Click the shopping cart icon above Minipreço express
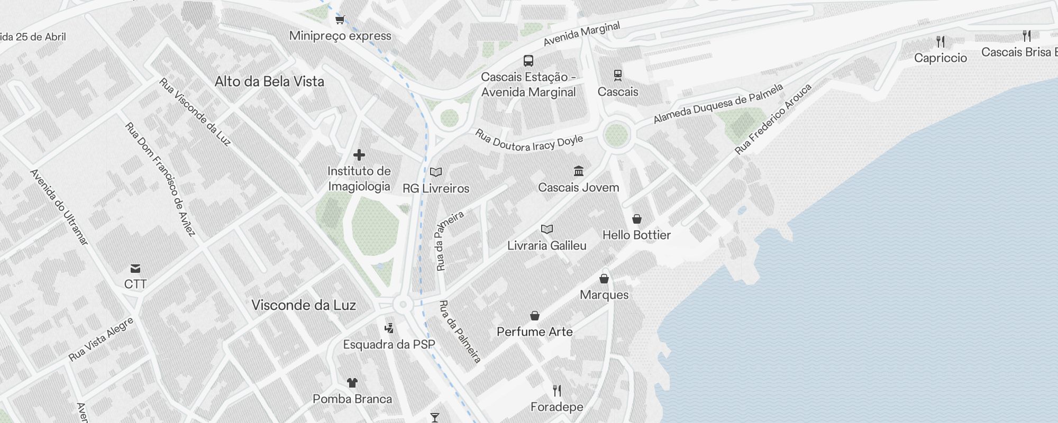[340, 20]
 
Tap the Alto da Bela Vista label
[269, 81]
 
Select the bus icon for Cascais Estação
[528, 61]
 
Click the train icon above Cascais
[617, 75]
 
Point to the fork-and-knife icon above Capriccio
[940, 41]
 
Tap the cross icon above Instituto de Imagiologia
[359, 155]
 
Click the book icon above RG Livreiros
[436, 172]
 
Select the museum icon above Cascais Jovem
[578, 171]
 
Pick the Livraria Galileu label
[546, 245]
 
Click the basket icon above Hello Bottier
[637, 219]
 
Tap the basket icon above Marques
[604, 279]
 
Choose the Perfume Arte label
[534, 332]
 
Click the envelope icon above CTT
[135, 268]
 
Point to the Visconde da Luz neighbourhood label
[303, 305]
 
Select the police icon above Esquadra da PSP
[389, 328]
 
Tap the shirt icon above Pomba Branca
[352, 382]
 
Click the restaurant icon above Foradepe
[557, 391]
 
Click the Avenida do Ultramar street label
[59, 207]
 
